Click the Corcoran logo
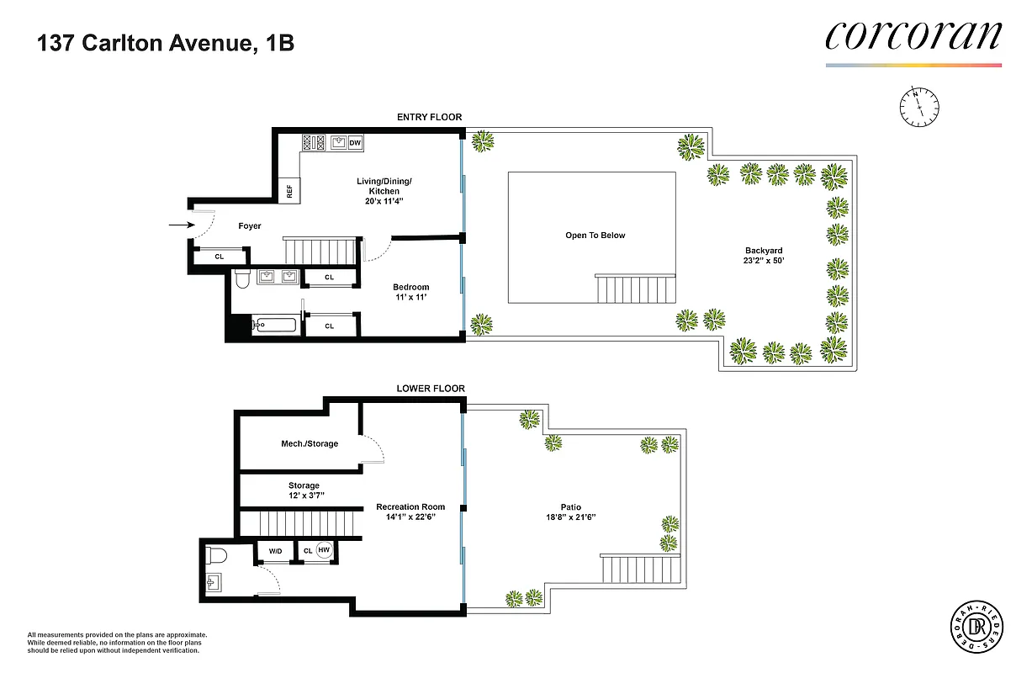913,36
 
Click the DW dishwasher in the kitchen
355,143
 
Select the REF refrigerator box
289,192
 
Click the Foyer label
250,225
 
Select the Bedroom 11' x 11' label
410,292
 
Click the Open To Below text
595,236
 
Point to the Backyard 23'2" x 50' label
763,255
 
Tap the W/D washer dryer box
275,551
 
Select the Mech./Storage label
310,443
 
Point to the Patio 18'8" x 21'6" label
574,511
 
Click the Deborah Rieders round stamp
973,627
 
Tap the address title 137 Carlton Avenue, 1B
165,44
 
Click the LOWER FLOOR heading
431,389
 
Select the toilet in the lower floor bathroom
216,556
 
